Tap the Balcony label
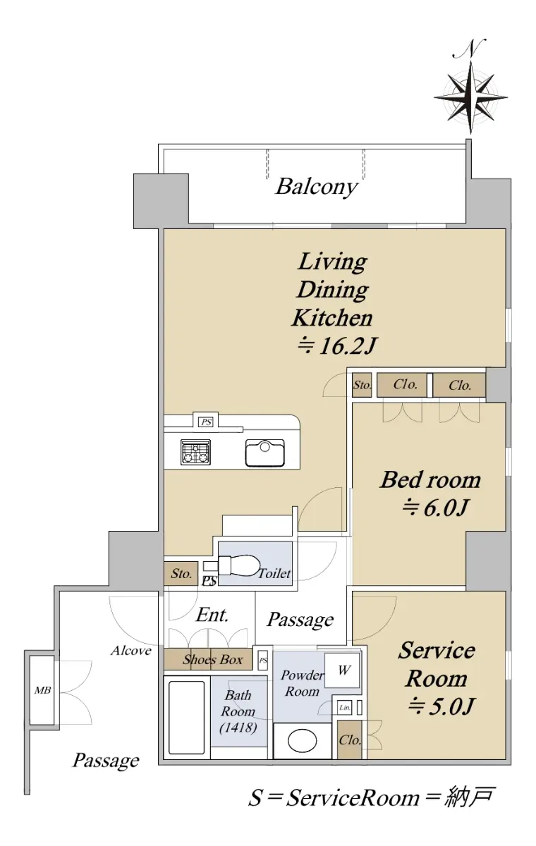[317, 187]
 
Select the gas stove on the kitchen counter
[195, 452]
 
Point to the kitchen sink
[264, 453]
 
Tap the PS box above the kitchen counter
[206, 422]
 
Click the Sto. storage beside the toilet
[181, 574]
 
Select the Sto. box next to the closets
[362, 385]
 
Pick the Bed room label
[430, 480]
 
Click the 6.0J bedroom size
[436, 508]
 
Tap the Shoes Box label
[213, 659]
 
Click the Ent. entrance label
[212, 615]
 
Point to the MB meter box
[42, 690]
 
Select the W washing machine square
[343, 670]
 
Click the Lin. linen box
[344, 708]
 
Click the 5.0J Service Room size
[440, 706]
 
